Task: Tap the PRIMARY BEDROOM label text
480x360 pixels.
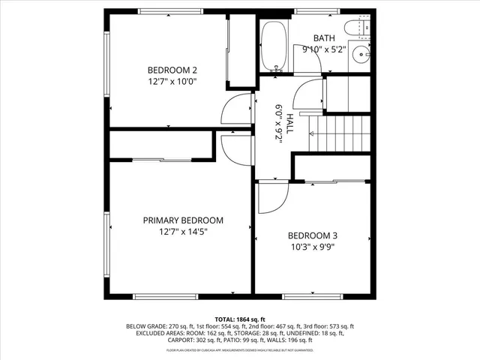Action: coord(183,220)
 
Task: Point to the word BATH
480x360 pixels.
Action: coord(324,38)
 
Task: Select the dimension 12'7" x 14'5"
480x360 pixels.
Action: coord(183,232)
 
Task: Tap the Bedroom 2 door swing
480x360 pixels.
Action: coord(238,109)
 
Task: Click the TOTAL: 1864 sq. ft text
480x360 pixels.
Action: coord(239,319)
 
